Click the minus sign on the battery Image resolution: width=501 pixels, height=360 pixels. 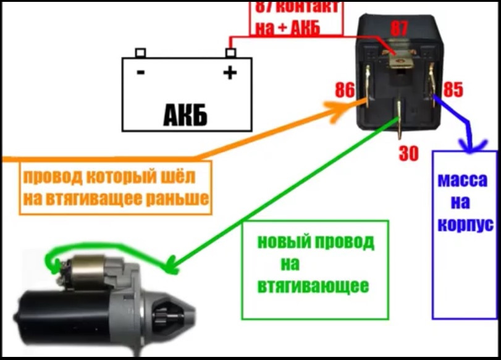(141, 73)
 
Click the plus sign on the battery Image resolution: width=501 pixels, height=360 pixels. (229, 73)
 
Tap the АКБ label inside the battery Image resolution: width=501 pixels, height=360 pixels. (185, 114)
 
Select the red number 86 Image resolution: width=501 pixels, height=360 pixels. (345, 90)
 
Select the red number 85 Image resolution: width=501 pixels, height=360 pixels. (453, 90)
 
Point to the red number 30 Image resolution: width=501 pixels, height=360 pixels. (408, 154)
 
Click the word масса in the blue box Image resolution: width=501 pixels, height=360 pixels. (465, 181)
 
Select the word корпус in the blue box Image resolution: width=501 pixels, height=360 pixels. (465, 224)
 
